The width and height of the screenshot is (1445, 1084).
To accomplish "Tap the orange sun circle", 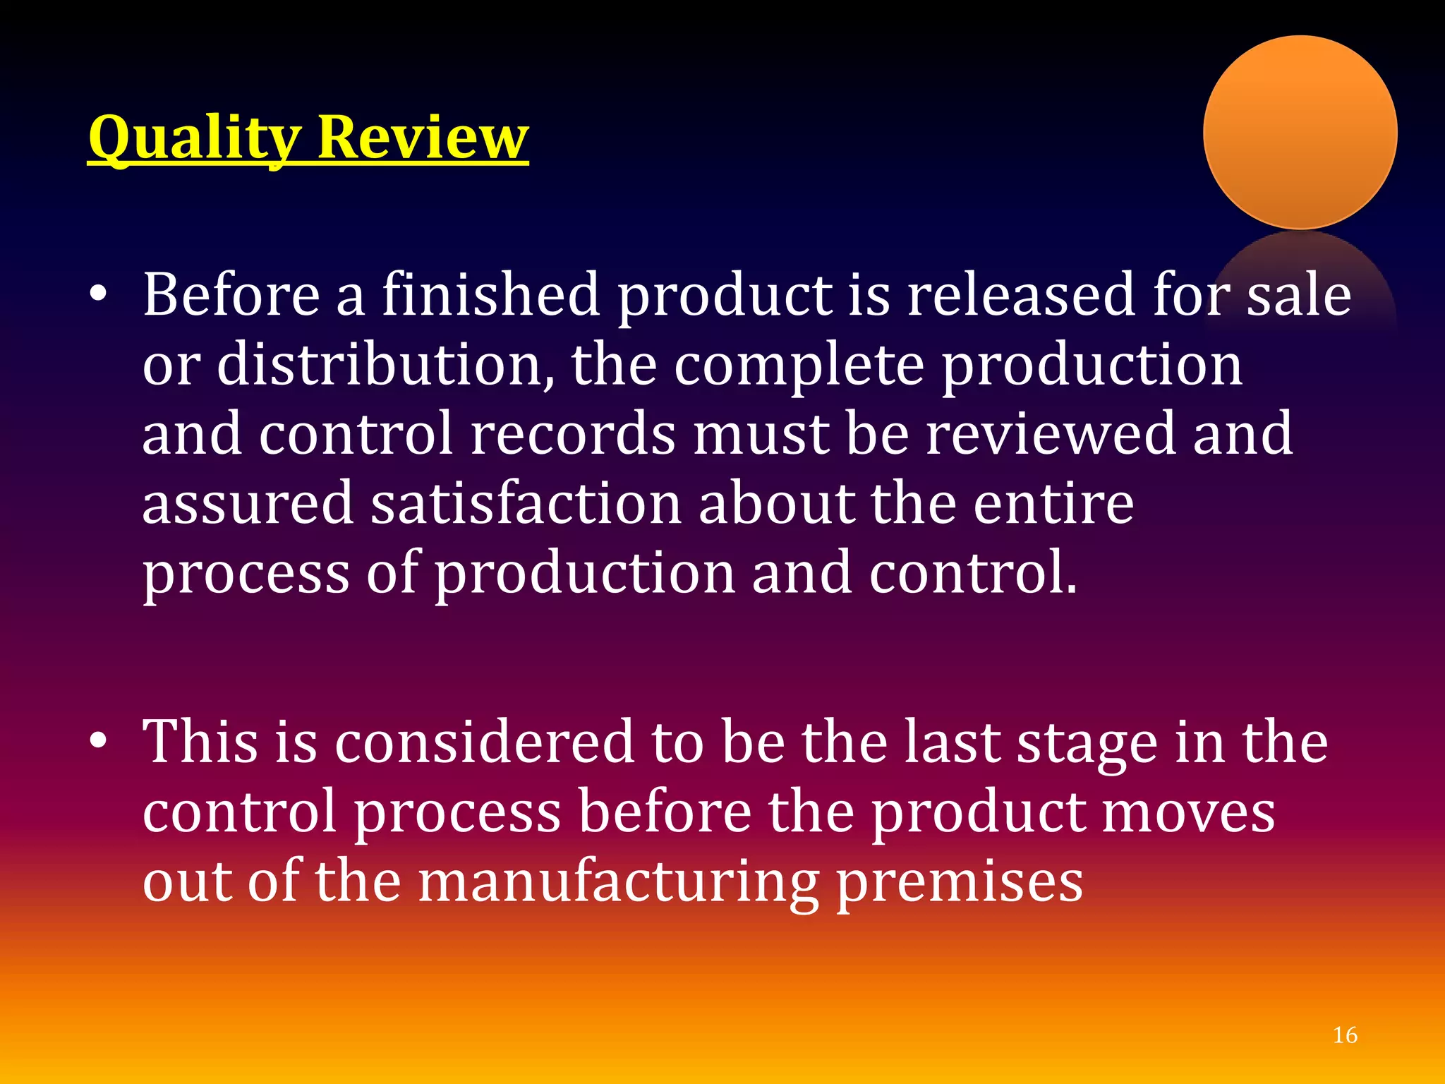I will coord(1300,132).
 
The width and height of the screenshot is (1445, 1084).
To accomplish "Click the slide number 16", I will coord(1345,1035).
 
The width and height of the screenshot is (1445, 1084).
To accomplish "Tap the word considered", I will coord(484,741).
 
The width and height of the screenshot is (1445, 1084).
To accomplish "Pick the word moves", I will coord(1188,812).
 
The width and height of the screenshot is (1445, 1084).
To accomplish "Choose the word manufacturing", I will coord(619,882).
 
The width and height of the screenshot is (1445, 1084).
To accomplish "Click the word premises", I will coord(960,882).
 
